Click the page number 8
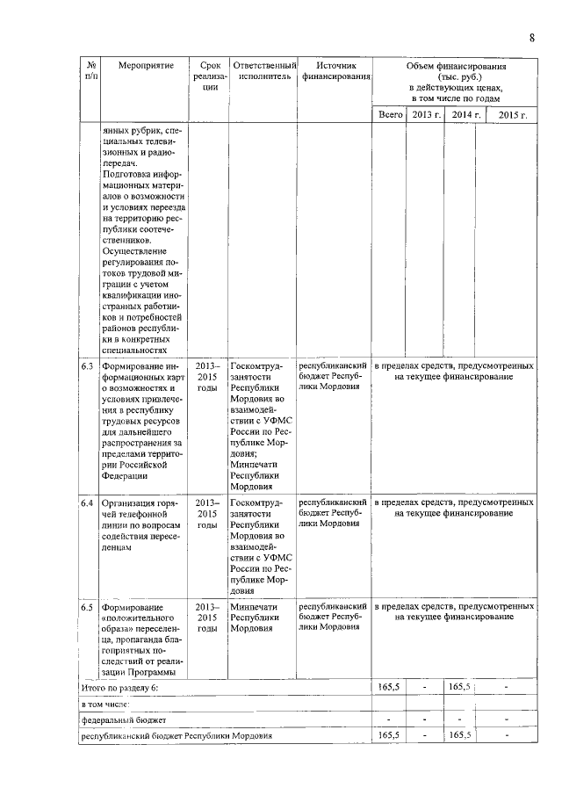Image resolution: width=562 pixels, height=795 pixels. pyautogui.click(x=532, y=37)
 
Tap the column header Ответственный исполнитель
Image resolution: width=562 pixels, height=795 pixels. pyautogui.click(x=261, y=71)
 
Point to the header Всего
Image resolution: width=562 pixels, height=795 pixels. pyautogui.click(x=390, y=114)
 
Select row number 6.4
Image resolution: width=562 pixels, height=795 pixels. pyautogui.click(x=88, y=503)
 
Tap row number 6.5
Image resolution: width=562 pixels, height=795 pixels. pyautogui.click(x=88, y=607)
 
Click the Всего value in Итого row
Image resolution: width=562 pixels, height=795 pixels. pyautogui.click(x=390, y=686)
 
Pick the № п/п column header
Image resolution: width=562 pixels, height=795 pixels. pyautogui.click(x=90, y=71)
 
